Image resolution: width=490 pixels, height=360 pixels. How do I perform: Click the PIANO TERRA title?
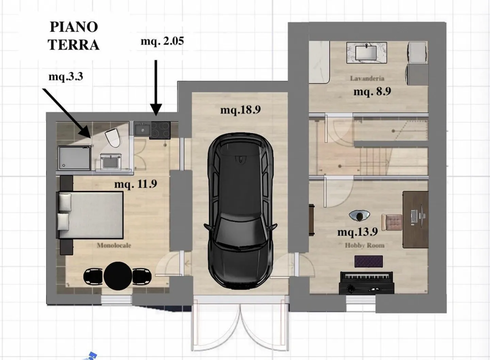click(x=73, y=36)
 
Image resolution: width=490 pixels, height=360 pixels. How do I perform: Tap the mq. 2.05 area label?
click(x=162, y=41)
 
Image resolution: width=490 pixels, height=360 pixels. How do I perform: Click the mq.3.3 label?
click(x=66, y=76)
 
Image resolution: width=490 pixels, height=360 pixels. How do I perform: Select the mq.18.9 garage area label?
click(x=240, y=110)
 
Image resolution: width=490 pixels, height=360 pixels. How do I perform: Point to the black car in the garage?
click(x=240, y=211)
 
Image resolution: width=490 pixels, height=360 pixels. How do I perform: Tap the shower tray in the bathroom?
click(x=74, y=158)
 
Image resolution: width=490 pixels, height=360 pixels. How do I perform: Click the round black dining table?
click(x=118, y=276)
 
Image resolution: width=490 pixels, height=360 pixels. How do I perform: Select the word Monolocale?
click(x=114, y=245)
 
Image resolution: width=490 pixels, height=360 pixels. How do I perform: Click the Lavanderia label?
click(x=367, y=78)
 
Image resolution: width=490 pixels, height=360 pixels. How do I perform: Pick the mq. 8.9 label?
click(x=372, y=91)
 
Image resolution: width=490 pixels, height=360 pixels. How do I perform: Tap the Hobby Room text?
click(x=364, y=245)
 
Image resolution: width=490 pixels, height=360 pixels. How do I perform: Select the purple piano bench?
click(x=369, y=261)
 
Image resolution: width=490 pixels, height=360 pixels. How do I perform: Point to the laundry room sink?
click(x=366, y=53)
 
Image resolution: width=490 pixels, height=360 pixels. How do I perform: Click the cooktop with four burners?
click(x=160, y=130)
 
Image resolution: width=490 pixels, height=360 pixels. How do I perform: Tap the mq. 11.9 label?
click(x=135, y=184)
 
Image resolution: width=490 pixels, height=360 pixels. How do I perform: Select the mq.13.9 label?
click(x=357, y=232)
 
